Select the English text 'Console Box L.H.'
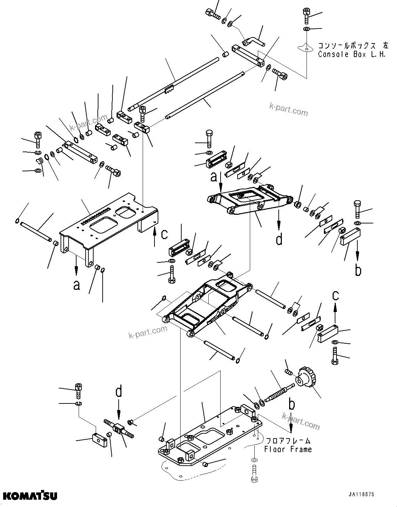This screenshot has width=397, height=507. [352, 55]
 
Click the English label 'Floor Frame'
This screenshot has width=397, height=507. [288, 449]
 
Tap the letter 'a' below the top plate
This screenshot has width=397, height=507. [77, 285]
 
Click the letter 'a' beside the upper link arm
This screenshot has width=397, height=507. [213, 177]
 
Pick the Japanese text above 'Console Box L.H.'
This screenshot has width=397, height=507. [353, 46]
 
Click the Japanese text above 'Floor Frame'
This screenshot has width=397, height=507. [288, 441]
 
